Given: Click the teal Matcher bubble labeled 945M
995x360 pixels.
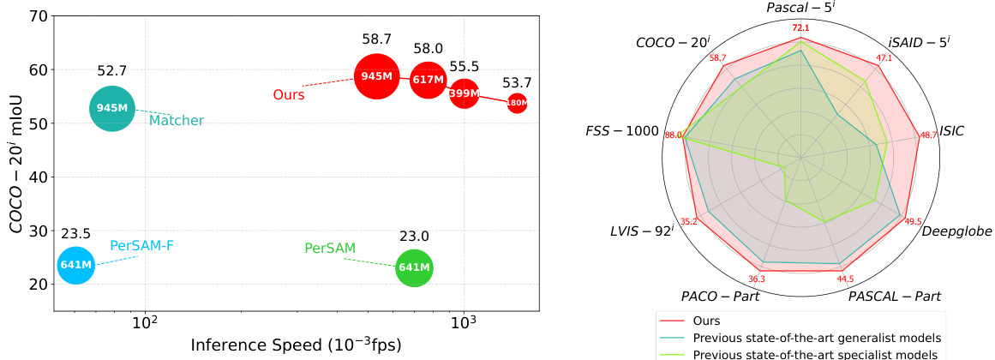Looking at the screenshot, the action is [x=112, y=109].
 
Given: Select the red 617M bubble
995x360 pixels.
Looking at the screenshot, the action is [x=429, y=80].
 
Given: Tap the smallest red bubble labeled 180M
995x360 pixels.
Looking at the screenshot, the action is [x=517, y=103].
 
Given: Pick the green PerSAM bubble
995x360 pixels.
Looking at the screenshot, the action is [x=415, y=268].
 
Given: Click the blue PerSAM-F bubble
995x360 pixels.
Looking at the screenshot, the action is [x=75, y=266].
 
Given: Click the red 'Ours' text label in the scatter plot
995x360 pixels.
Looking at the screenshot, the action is [x=289, y=95].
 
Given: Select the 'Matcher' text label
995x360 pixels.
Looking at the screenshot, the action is [x=177, y=120].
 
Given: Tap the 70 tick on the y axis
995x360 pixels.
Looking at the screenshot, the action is [x=37, y=16].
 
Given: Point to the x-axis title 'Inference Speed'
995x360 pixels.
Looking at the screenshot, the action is [x=249, y=345].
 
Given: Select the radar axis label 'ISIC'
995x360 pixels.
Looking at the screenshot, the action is [x=952, y=131].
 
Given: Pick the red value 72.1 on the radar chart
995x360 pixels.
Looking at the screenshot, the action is [x=800, y=28].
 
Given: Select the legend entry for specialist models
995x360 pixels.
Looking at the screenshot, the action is [x=801, y=354].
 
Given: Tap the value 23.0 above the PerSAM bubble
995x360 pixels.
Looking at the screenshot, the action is [x=415, y=237].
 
